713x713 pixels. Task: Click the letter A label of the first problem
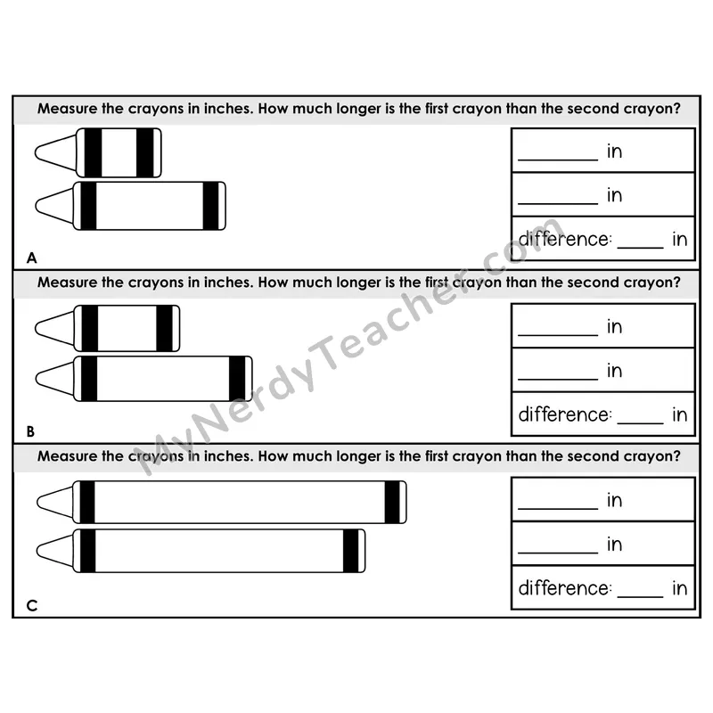[31, 258]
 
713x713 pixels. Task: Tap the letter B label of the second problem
[30, 431]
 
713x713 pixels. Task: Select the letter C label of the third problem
[32, 606]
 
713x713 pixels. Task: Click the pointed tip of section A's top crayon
[36, 152]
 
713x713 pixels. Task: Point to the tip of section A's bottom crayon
[37, 206]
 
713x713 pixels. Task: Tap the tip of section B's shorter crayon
[36, 328]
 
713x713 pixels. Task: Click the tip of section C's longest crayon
[37, 503]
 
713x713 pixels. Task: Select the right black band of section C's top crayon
[392, 502]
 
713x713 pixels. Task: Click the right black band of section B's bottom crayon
[237, 379]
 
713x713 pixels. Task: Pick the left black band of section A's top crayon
[94, 152]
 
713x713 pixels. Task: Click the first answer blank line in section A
[558, 160]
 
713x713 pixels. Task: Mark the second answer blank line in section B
[558, 380]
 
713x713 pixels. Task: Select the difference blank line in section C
[640, 597]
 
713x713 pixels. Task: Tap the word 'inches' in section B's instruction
[229, 283]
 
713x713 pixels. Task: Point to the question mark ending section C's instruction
[676, 456]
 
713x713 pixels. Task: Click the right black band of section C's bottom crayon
[350, 551]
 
